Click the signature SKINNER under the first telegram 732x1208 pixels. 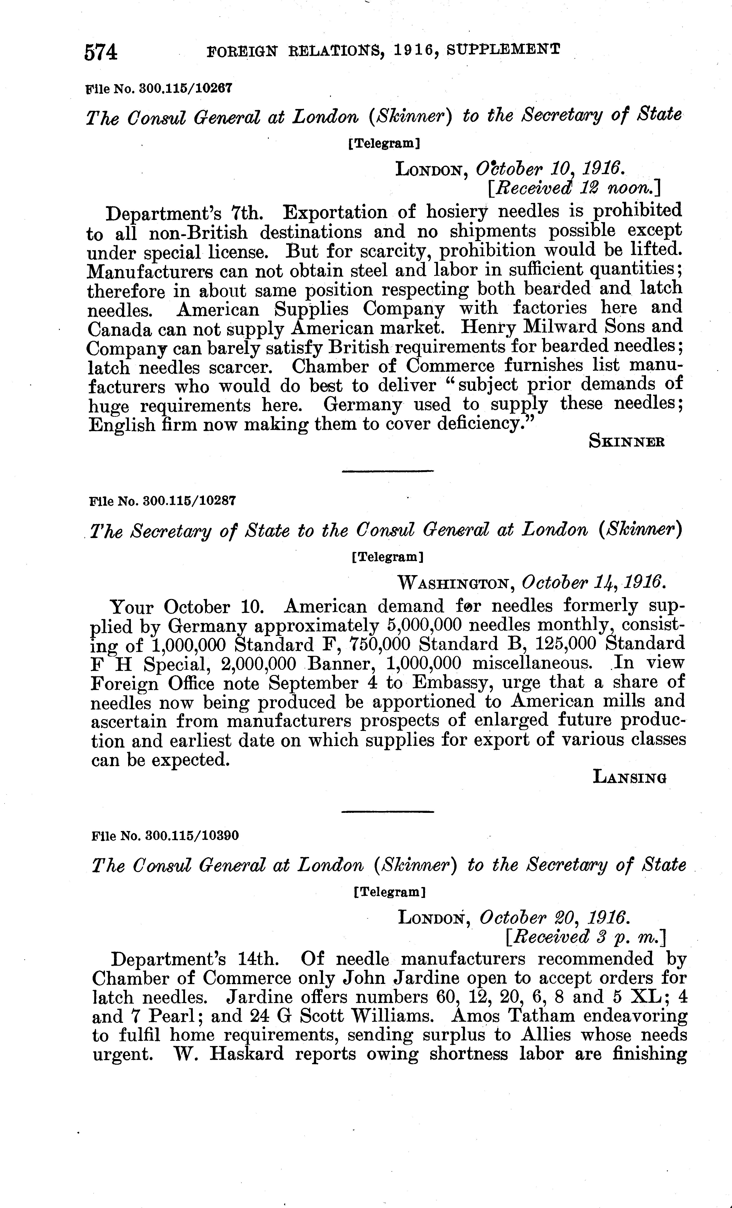coord(627,442)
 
